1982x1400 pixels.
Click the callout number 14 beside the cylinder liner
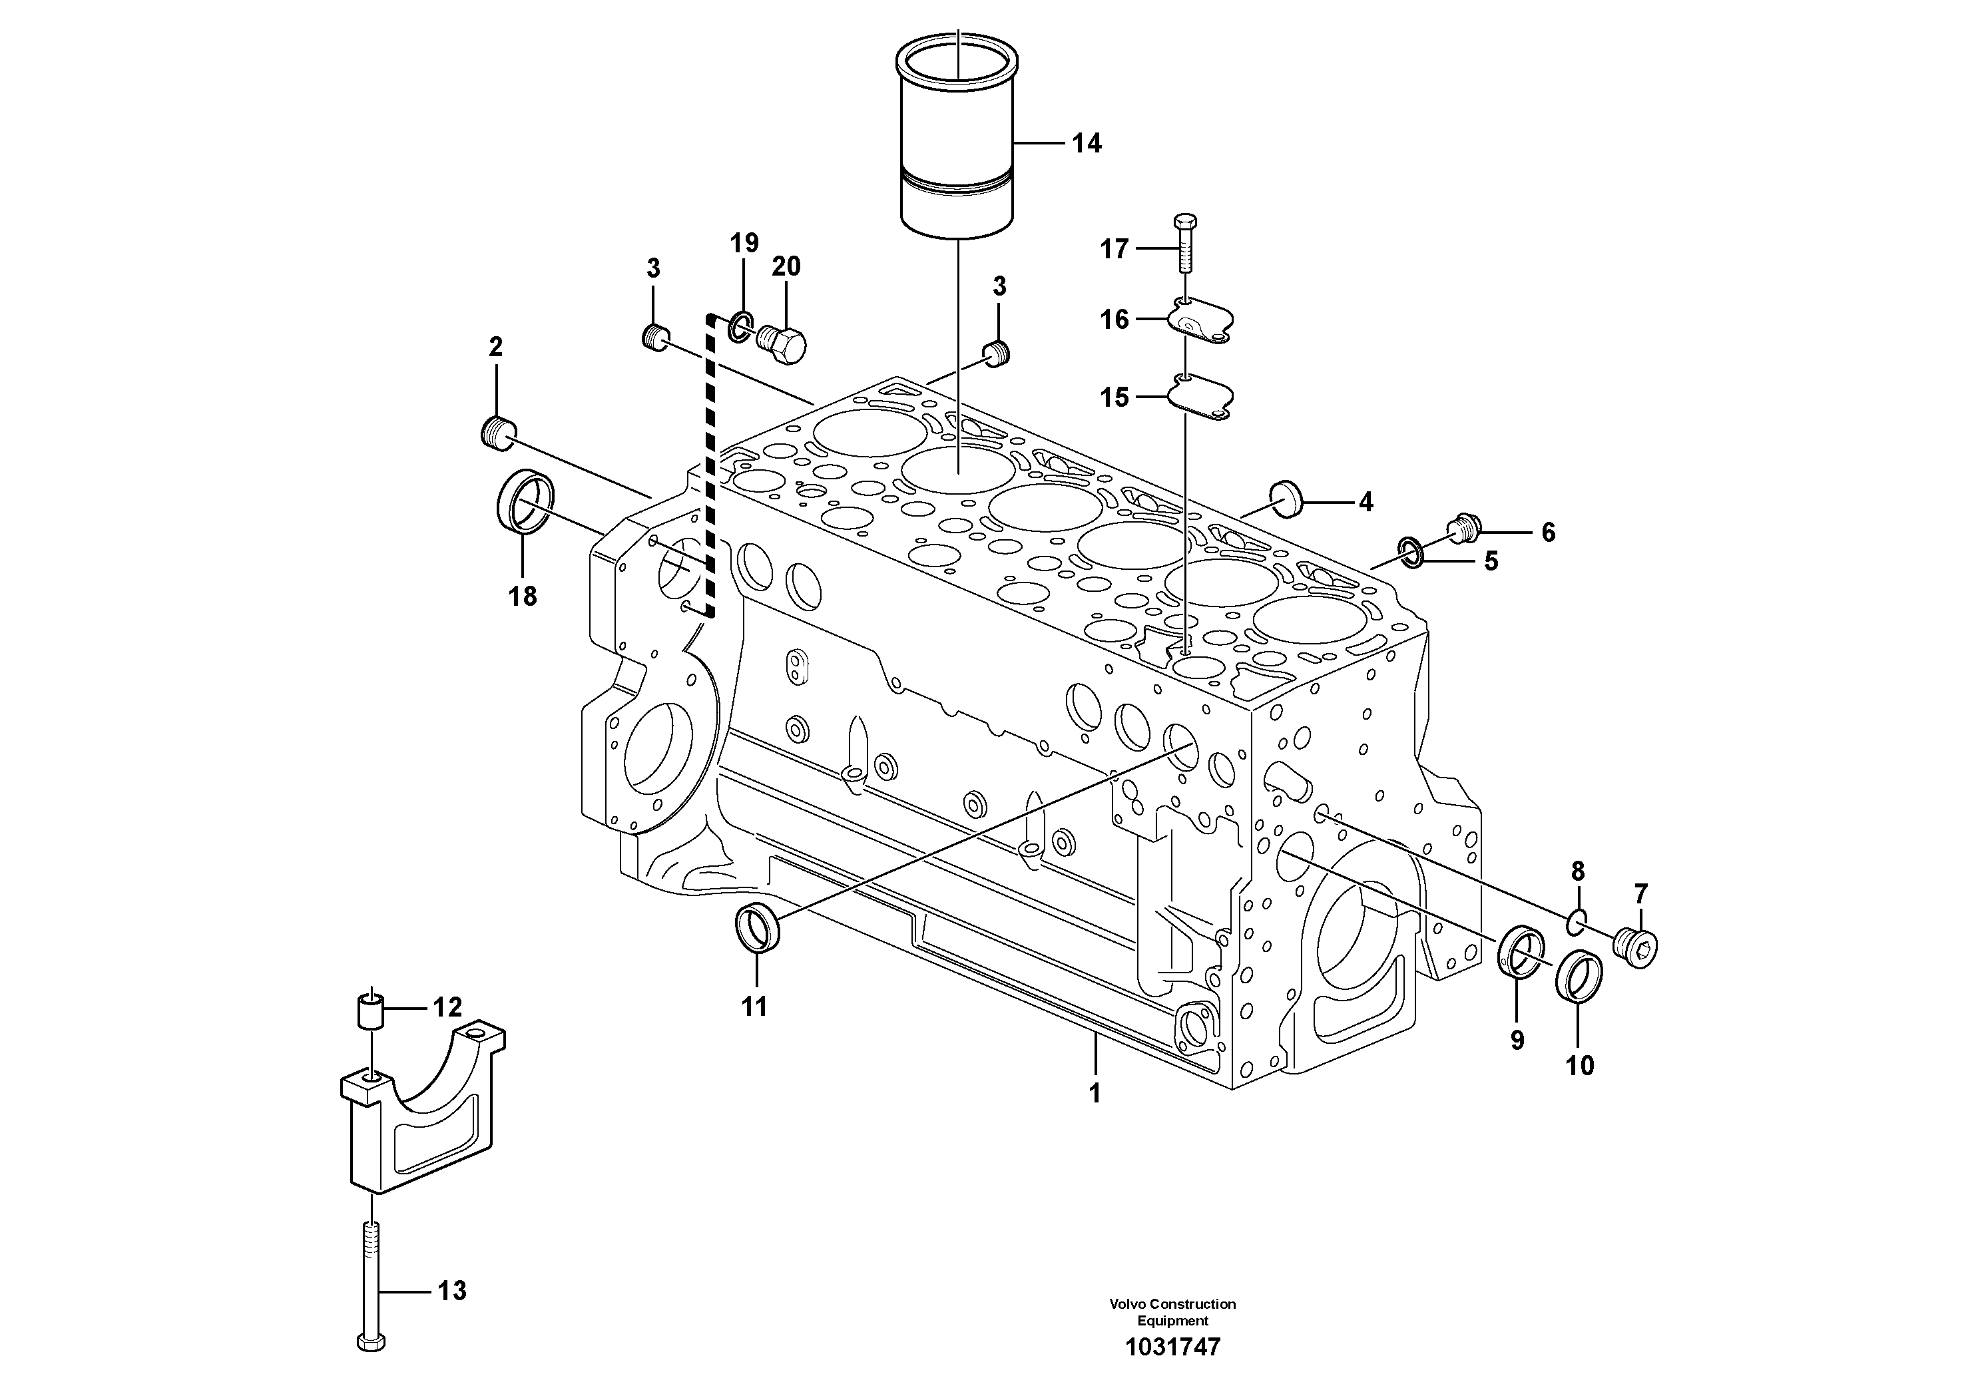coord(1086,143)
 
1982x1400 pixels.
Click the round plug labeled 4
coord(1286,499)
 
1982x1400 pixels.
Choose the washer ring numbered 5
coord(1411,553)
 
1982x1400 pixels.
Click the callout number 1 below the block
coord(1095,1094)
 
